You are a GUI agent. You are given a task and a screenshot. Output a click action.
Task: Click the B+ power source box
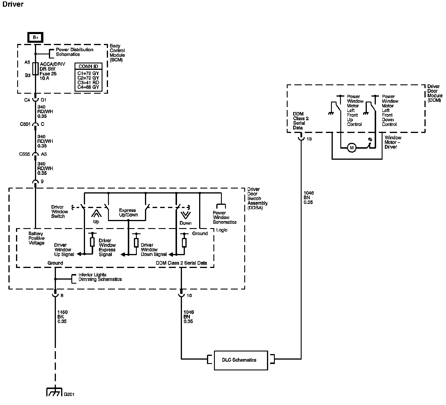(35, 38)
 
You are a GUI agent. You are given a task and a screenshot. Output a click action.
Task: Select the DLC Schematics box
(241, 360)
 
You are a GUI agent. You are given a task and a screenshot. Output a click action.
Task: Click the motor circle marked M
(352, 148)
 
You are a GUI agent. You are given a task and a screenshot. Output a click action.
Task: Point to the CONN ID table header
(88, 66)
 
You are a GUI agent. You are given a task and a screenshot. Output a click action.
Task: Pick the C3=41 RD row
(88, 82)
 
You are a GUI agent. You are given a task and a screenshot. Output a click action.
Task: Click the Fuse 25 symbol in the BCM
(35, 69)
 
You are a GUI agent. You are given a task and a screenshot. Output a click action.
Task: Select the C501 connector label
(25, 124)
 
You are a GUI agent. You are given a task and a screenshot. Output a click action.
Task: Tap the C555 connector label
(25, 154)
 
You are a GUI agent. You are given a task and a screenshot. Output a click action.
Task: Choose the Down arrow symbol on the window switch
(185, 215)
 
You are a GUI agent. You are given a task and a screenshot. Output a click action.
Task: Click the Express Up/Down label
(128, 212)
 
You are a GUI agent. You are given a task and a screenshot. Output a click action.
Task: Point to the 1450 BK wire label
(62, 317)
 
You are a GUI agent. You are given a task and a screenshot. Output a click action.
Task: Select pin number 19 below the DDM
(309, 139)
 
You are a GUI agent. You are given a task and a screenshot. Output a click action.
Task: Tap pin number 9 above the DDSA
(42, 182)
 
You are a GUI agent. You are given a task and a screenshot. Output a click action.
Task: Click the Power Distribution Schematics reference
(74, 52)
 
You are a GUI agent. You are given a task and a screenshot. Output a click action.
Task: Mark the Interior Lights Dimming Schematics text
(100, 277)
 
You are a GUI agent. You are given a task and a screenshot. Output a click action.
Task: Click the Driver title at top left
(13, 4)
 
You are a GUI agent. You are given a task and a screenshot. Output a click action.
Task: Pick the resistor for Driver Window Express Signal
(136, 243)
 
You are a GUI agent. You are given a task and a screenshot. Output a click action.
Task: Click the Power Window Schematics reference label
(224, 217)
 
